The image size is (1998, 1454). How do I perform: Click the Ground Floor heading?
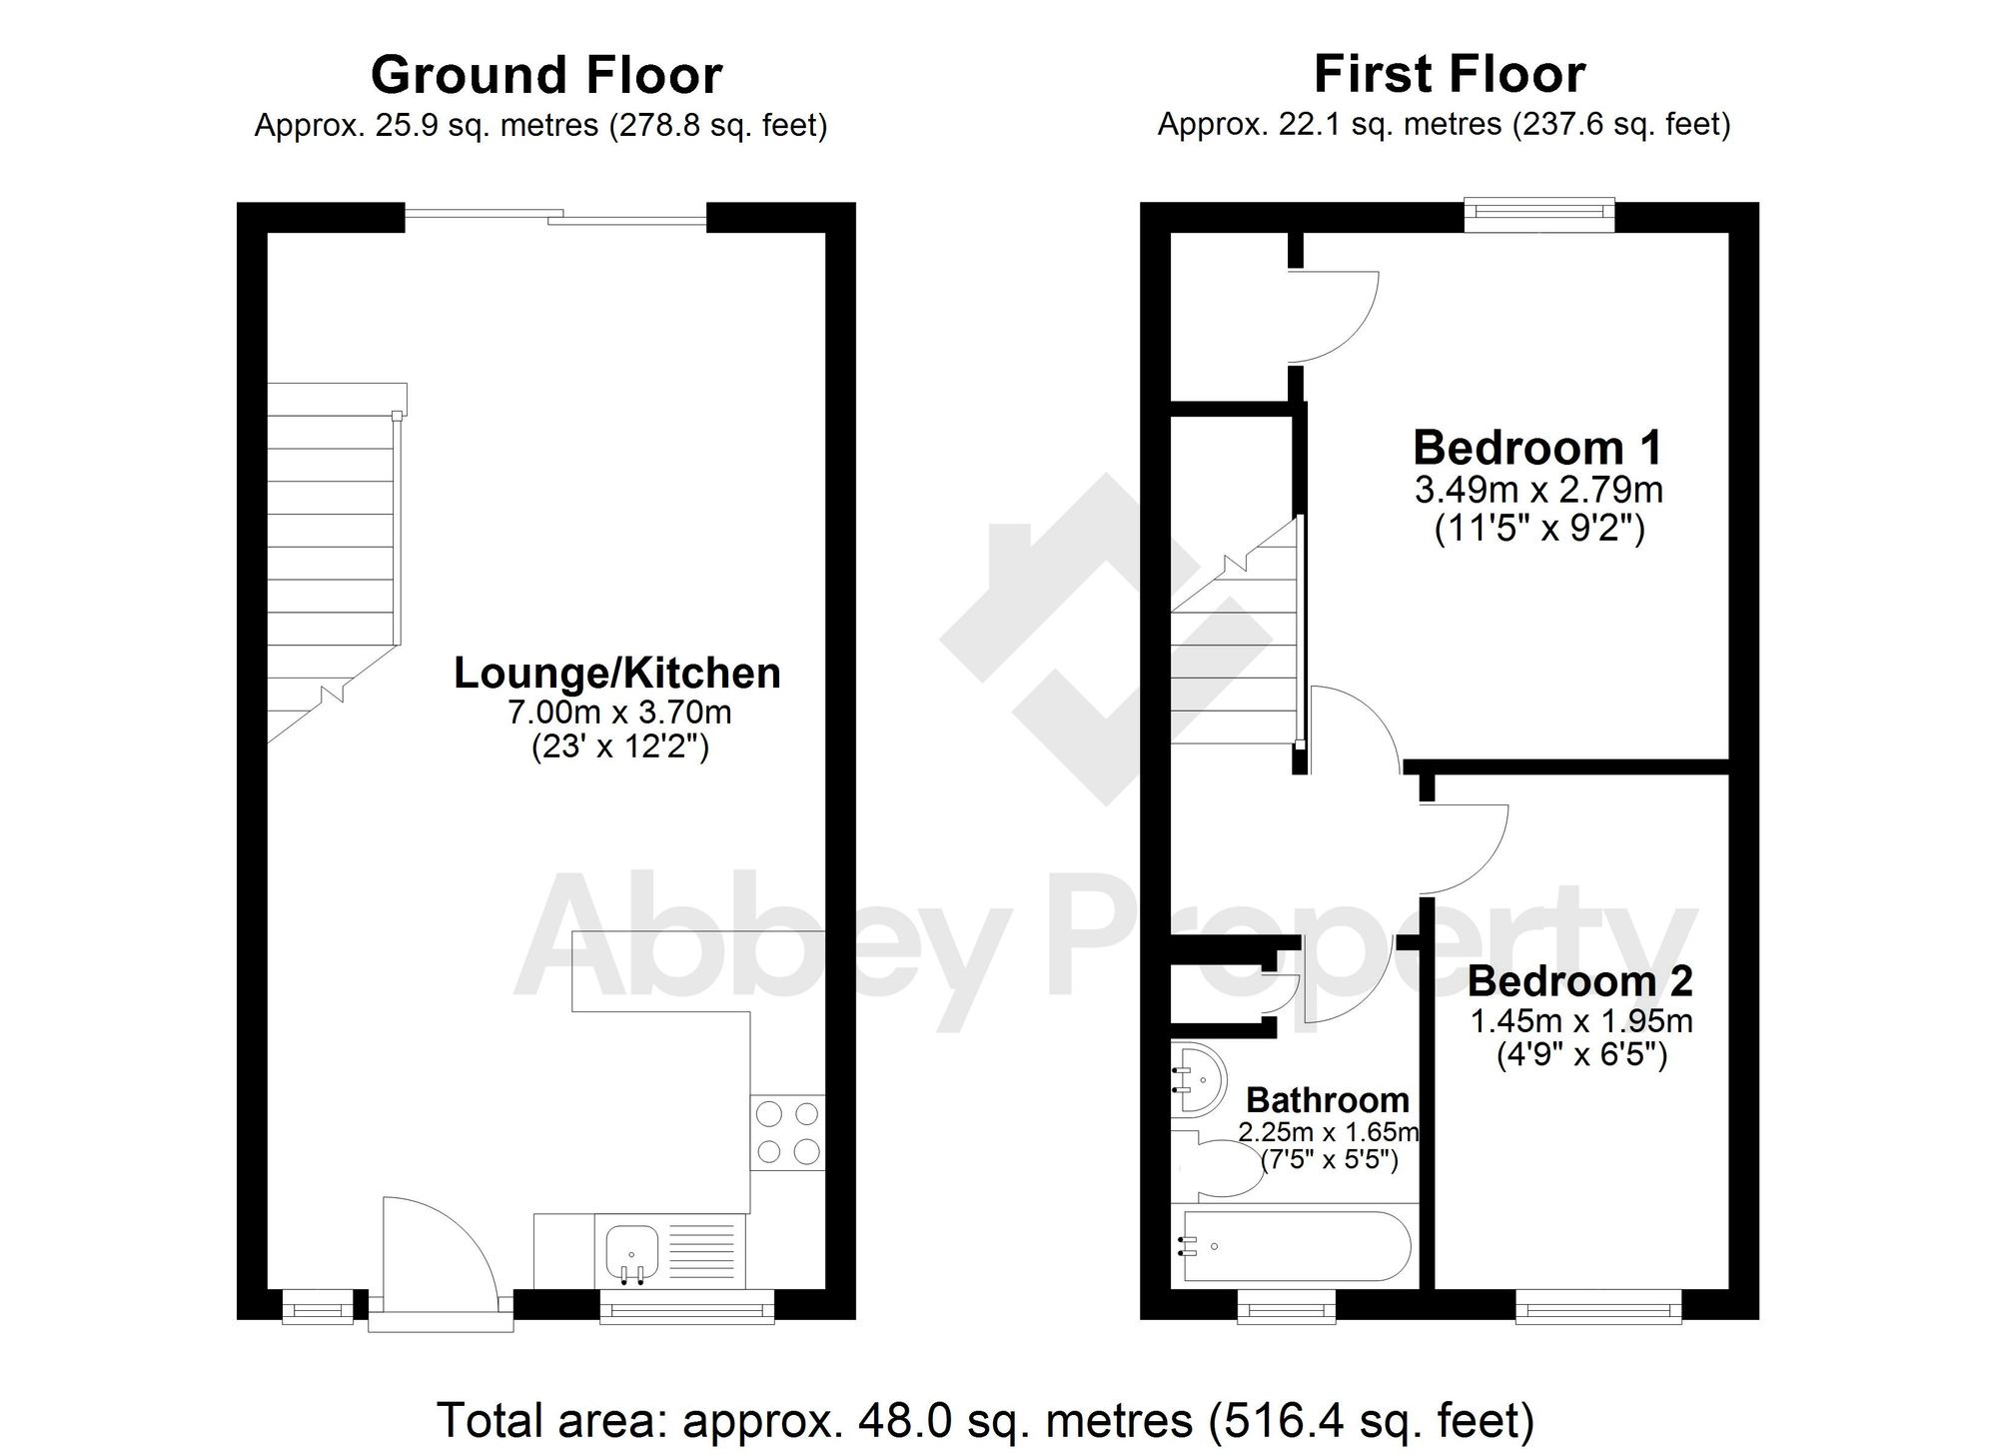tap(545, 76)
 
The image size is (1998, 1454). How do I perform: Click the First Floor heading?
tap(1449, 74)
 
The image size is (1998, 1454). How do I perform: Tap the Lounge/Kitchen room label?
tap(616, 673)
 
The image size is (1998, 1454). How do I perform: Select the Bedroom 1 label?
tap(1537, 447)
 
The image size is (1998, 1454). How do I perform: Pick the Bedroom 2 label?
tap(1579, 980)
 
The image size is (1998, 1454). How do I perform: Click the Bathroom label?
tap(1327, 1099)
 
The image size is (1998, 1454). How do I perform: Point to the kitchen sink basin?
tap(631, 1250)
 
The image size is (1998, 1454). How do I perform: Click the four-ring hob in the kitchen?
tap(787, 1132)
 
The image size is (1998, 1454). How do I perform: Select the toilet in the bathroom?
tap(1224, 1167)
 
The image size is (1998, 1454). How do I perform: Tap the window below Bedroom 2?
tap(1597, 1307)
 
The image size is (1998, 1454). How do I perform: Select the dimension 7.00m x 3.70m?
tap(619, 713)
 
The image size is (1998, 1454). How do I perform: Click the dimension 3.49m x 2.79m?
tap(1538, 490)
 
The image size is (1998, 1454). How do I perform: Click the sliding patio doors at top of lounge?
tap(555, 217)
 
